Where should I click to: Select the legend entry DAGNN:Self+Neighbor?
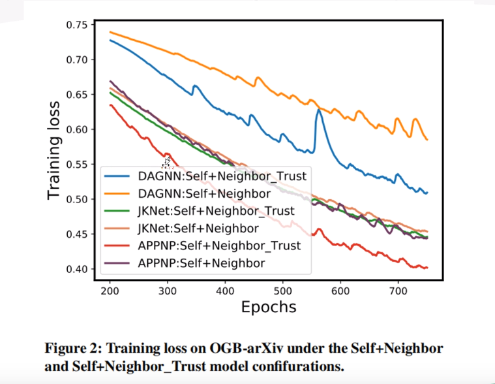pos(203,193)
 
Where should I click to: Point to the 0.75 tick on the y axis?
pos(77,25)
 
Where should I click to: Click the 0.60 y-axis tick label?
pos(77,129)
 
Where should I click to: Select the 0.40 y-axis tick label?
pos(77,269)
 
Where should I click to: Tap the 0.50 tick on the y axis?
pos(77,199)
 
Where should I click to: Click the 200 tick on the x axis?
pos(110,291)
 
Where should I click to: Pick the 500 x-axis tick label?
pos(282,291)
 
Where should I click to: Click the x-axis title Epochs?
pos(269,307)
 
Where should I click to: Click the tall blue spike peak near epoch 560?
pos(319,110)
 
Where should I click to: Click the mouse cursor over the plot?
pos(167,162)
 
